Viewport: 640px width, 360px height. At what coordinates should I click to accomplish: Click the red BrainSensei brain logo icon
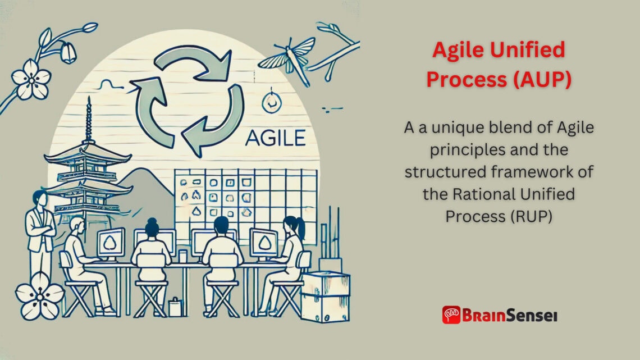pos(451,315)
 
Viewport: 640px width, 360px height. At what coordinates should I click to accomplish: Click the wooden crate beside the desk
pos(326,295)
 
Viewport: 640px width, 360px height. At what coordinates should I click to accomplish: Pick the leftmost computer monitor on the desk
pos(111,242)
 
